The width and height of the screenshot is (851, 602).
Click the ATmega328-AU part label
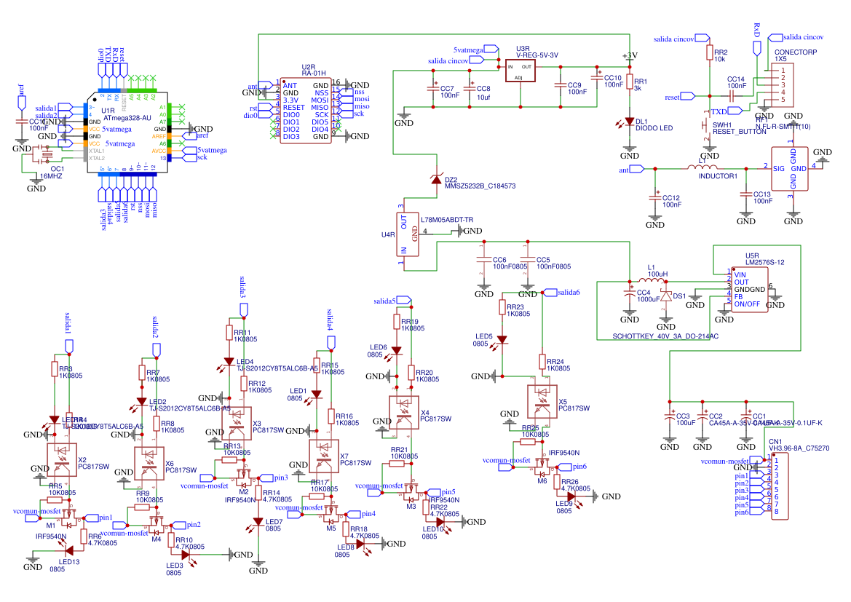(x=127, y=117)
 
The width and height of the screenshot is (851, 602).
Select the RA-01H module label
(x=312, y=73)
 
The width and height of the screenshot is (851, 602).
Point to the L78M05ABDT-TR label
(x=447, y=219)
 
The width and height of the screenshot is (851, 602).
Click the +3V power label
(x=630, y=55)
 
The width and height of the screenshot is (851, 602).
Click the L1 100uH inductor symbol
(x=652, y=282)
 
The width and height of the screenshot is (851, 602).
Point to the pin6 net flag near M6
(x=579, y=467)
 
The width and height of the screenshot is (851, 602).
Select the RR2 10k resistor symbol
(x=708, y=52)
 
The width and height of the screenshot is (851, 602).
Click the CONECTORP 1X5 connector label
(x=796, y=55)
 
